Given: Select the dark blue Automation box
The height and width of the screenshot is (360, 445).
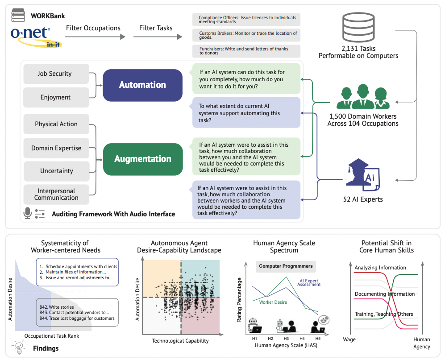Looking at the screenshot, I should [142, 85].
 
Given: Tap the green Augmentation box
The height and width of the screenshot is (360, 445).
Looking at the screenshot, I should [142, 159].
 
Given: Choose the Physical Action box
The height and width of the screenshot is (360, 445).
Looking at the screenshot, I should [56, 124].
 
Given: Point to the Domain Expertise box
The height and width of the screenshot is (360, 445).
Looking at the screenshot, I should [56, 148].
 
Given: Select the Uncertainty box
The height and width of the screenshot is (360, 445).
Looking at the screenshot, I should [56, 171].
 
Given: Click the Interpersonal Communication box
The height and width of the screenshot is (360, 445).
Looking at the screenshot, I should [56, 194].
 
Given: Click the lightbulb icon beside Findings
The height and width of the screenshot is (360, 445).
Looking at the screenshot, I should [19, 347].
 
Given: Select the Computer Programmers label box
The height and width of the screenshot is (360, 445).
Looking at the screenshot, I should [286, 266].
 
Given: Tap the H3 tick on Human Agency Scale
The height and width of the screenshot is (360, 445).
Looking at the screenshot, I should [286, 338].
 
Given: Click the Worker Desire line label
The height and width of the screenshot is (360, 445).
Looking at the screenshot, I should [273, 302].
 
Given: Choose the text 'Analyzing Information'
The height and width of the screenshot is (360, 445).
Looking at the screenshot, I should [380, 268].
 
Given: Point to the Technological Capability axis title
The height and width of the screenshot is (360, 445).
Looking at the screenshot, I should [180, 341].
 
